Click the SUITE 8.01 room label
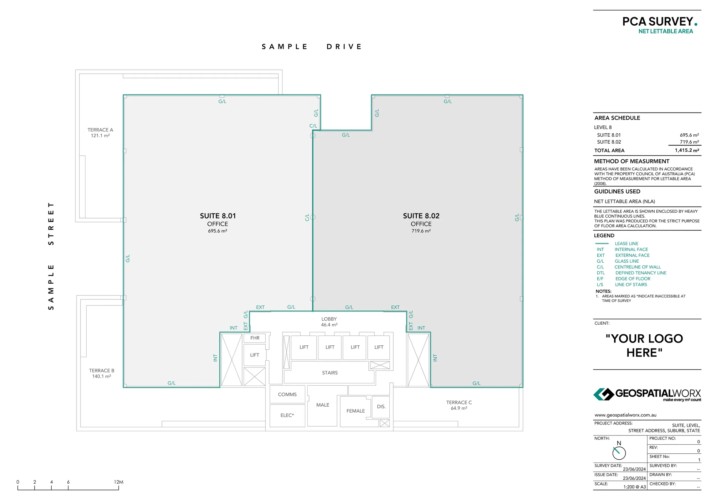pos(218,216)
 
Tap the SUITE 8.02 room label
pos(421,216)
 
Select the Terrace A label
pos(100,130)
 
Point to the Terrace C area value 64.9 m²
pos(459,408)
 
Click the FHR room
pos(255,338)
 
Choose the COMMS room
pos(287,395)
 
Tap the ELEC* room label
pos(287,416)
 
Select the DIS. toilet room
pos(381,407)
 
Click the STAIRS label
pos(329,373)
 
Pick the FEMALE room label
pos(355,411)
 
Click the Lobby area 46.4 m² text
pos(329,325)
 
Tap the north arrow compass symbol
pos(619,453)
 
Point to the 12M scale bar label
pos(119,482)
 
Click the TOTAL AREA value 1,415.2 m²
pos(687,150)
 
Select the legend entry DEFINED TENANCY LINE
pos(641,273)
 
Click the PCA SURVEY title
pos(657,22)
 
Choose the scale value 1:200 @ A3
pos(634,487)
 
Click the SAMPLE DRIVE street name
pos(312,47)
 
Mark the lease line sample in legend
pos(602,243)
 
